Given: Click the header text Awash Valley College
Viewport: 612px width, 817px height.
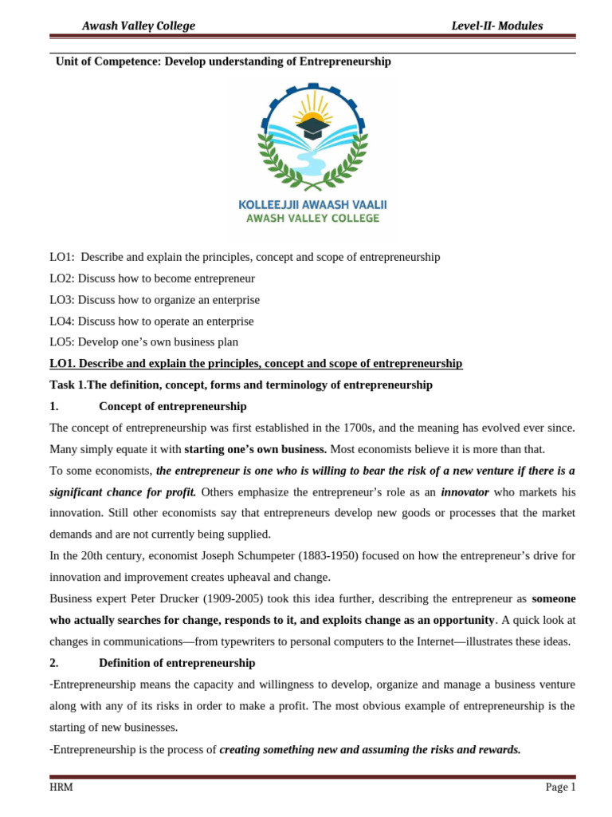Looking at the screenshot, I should click(x=138, y=26).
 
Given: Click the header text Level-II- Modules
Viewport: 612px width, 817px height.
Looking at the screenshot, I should click(x=496, y=26).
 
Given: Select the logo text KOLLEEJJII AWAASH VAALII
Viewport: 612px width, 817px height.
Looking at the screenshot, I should click(x=312, y=204).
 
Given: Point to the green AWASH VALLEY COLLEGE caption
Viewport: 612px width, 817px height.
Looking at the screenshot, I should click(x=312, y=219).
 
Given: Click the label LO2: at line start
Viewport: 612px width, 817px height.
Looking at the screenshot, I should click(x=62, y=278).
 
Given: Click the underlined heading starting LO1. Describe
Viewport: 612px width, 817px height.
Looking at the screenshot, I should click(x=255, y=364).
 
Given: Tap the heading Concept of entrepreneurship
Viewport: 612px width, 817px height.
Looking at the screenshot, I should click(x=173, y=406).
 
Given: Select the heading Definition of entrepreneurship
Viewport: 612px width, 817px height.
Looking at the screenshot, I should click(x=177, y=662).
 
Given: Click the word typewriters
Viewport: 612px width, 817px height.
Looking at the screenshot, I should click(x=258, y=641).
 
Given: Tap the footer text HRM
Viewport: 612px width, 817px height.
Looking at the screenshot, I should click(x=61, y=787).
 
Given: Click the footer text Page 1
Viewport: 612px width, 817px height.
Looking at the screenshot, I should click(x=559, y=787).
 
